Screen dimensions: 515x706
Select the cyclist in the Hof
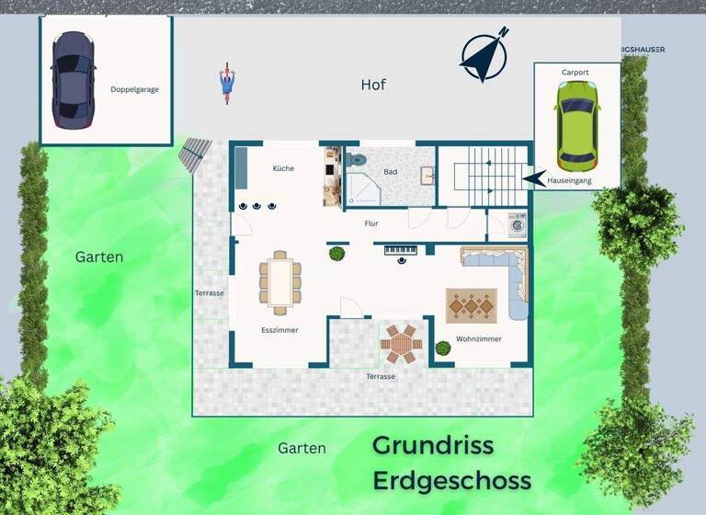tap(225, 83)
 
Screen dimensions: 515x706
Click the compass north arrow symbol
tap(484, 54)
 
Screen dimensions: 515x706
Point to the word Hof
tap(373, 85)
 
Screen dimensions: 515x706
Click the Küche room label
tap(283, 168)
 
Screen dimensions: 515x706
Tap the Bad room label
tap(391, 172)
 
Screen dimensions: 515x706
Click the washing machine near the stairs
tap(518, 224)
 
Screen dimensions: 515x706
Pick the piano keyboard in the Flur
tap(401, 249)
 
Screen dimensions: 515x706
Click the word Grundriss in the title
tap(433, 446)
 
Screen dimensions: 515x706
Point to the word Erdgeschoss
tap(451, 480)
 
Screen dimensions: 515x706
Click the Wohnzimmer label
tap(479, 339)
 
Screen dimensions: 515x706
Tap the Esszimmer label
tap(279, 329)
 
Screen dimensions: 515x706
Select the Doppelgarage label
tap(134, 89)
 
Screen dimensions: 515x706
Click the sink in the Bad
tap(427, 175)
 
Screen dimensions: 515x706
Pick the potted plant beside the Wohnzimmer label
tap(443, 348)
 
